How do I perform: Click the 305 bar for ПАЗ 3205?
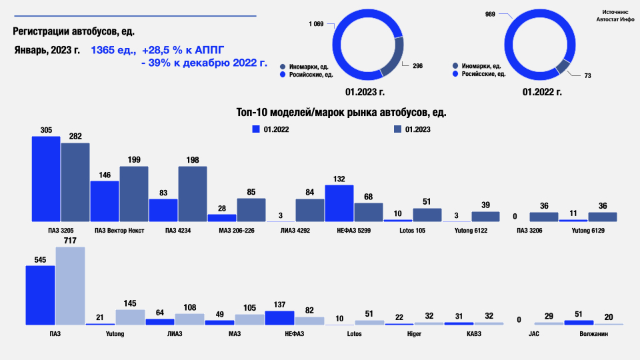[x=46, y=179]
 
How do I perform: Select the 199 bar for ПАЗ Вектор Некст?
[x=133, y=193]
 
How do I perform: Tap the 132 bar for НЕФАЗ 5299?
[x=339, y=203]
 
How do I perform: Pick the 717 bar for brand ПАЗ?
[x=70, y=285]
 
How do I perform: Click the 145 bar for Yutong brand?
[x=130, y=317]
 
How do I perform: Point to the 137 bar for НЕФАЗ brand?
[x=279, y=317]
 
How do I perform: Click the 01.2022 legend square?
[x=255, y=129]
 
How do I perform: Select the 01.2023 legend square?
[x=397, y=129]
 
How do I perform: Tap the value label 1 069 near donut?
[x=316, y=24]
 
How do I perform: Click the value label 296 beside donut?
[x=418, y=65]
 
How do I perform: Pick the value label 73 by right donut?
[x=587, y=76]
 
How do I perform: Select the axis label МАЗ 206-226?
[x=237, y=231]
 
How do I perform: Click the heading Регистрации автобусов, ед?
[x=78, y=31]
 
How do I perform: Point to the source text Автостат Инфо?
[x=615, y=20]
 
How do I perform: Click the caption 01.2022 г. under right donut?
[x=542, y=92]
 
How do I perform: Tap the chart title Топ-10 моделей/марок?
[x=341, y=113]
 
